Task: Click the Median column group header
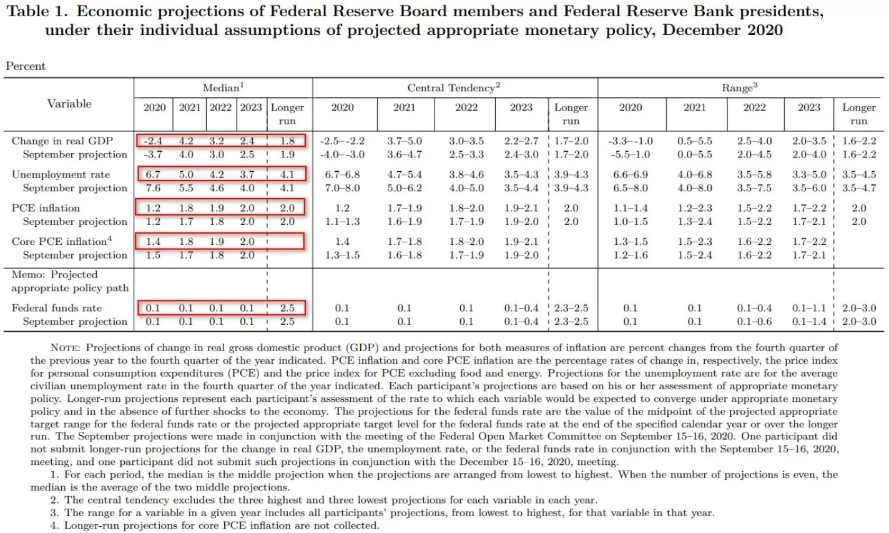[x=223, y=88]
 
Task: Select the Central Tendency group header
[x=453, y=88]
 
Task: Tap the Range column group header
[x=739, y=88]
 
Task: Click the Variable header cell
[x=69, y=104]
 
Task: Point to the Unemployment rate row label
[x=61, y=174]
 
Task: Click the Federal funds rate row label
[x=57, y=308]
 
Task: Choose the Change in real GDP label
[x=62, y=141]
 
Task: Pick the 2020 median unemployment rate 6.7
[x=153, y=174]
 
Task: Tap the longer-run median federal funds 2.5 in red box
[x=287, y=308]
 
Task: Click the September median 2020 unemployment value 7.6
[x=153, y=188]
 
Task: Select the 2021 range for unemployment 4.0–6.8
[x=694, y=174]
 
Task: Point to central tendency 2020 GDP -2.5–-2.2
[x=342, y=141]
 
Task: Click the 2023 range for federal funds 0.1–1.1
[x=808, y=308]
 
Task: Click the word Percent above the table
[x=26, y=66]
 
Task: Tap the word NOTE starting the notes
[x=66, y=347]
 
